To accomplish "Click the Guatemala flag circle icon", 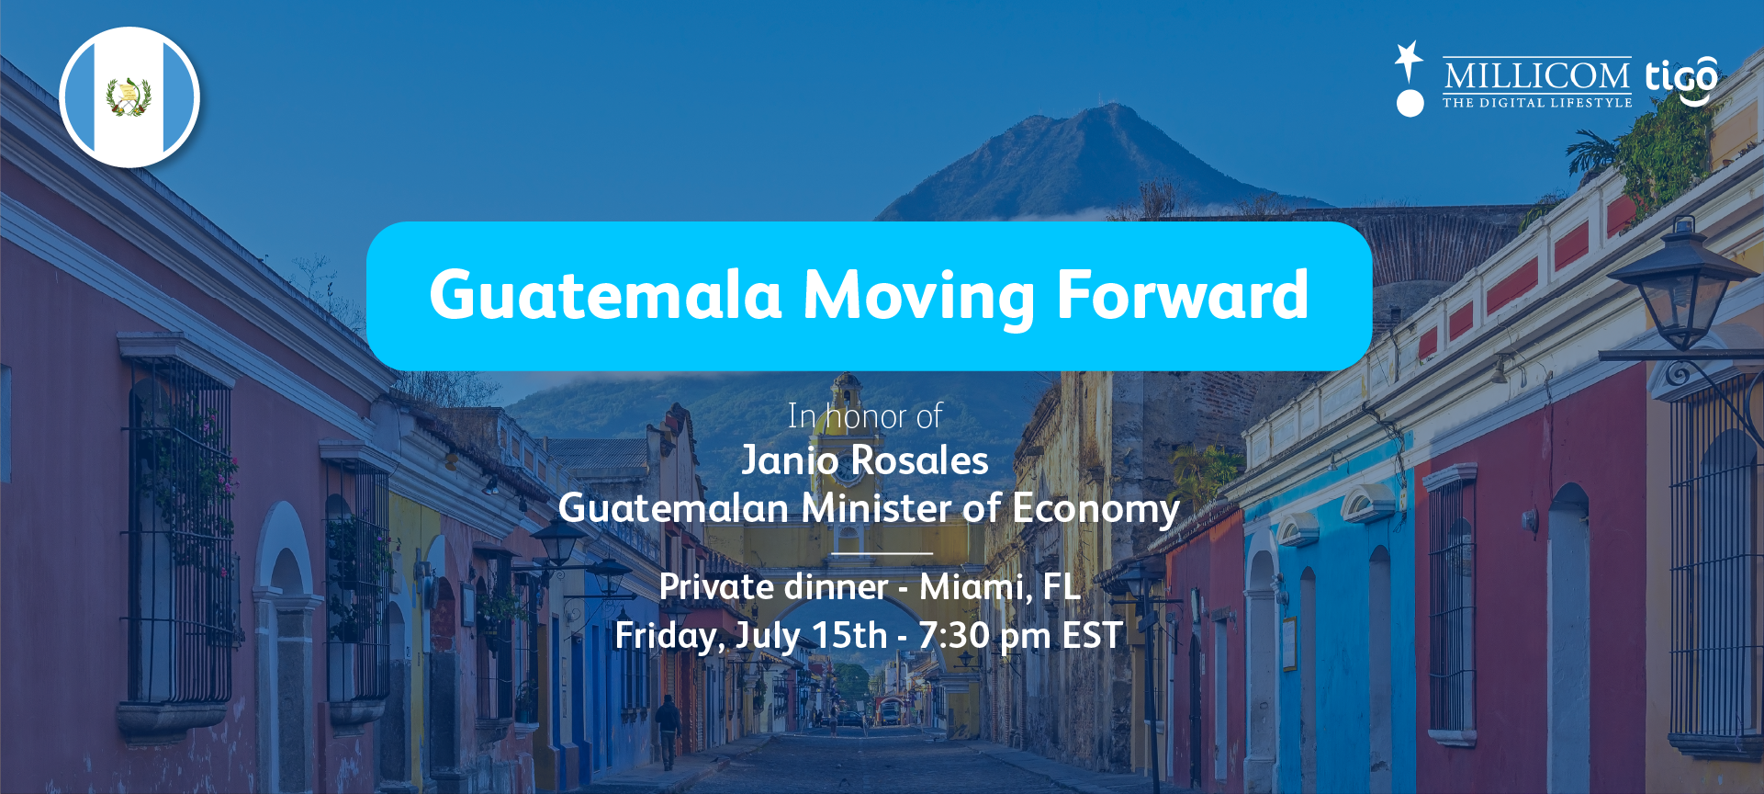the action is pyautogui.click(x=129, y=97).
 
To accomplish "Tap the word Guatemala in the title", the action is pyautogui.click(x=605, y=296).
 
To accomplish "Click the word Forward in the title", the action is pyautogui.click(x=1183, y=295).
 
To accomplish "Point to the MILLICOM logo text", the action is pyautogui.click(x=1536, y=75).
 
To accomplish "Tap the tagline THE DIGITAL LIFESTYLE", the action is pyautogui.click(x=1537, y=103).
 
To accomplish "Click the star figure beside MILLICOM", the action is pyautogui.click(x=1410, y=78).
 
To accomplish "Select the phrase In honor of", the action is pyautogui.click(x=864, y=416).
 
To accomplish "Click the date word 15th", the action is pyautogui.click(x=849, y=635).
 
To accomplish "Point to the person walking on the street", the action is pyautogui.click(x=668, y=732).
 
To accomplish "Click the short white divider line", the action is pyautogui.click(x=882, y=553).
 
